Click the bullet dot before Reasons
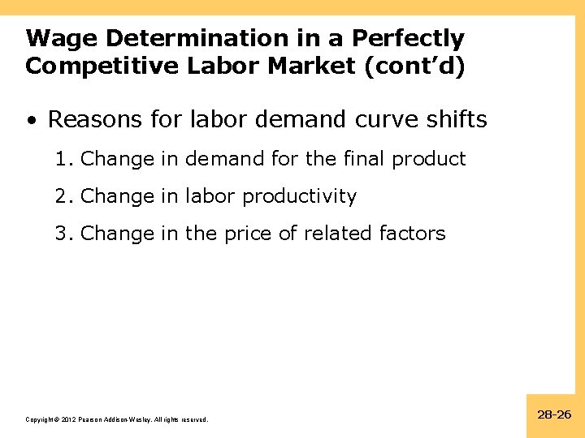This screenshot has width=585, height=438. pyautogui.click(x=30, y=121)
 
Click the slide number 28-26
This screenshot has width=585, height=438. pyautogui.click(x=555, y=414)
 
